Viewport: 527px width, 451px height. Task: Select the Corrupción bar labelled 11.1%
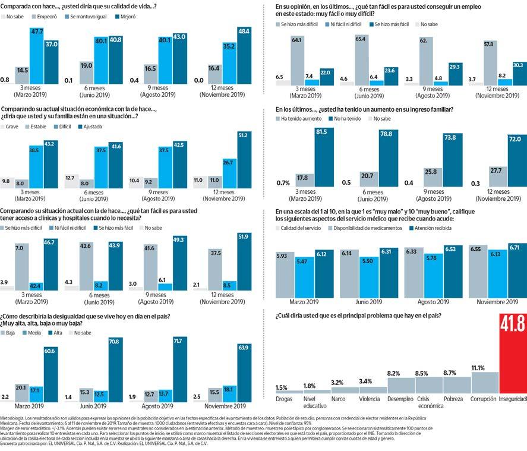coord(485,382)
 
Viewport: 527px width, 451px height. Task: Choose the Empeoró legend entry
coord(44,17)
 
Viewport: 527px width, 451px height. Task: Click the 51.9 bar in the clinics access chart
coord(244,261)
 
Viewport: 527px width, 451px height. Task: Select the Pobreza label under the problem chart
coord(453,399)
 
